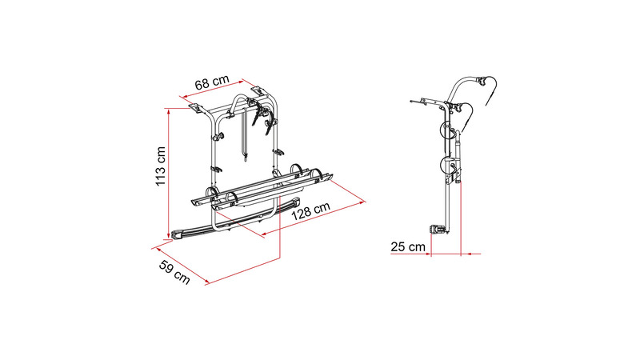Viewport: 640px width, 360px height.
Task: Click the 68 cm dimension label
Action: pyautogui.click(x=212, y=83)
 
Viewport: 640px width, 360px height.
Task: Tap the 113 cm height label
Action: pyautogui.click(x=161, y=166)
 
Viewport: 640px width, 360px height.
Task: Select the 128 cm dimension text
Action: pyautogui.click(x=310, y=211)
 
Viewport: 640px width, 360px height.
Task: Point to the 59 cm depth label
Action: pyautogui.click(x=174, y=272)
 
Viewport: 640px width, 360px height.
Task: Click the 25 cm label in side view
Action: pyautogui.click(x=408, y=247)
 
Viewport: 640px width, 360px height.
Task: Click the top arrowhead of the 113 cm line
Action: pyautogui.click(x=168, y=110)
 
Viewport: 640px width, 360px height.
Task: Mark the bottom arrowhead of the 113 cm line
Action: pyautogui.click(x=168, y=236)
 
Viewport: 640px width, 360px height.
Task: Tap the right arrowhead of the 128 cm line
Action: pyautogui.click(x=362, y=201)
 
